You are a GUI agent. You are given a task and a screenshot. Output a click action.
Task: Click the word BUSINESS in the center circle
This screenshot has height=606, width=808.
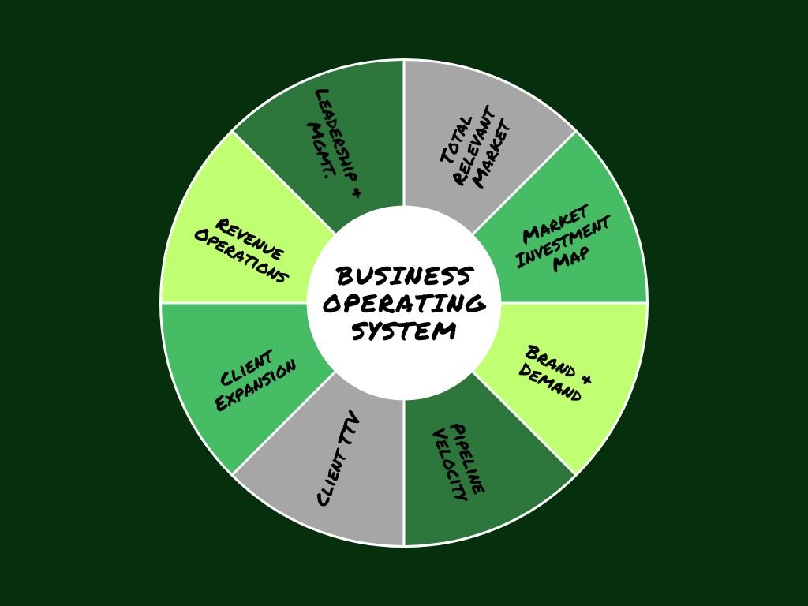coord(404,277)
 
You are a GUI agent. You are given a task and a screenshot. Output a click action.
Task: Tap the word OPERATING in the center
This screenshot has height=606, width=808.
coord(404,304)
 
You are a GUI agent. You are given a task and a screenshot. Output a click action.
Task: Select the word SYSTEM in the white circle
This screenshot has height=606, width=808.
coord(404,330)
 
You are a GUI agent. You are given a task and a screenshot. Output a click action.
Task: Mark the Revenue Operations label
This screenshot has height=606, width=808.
coord(241,252)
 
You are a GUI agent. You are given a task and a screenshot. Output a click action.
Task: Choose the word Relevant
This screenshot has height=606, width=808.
coord(474,148)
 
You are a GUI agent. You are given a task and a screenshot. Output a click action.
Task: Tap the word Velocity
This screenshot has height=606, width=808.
coord(450,470)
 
